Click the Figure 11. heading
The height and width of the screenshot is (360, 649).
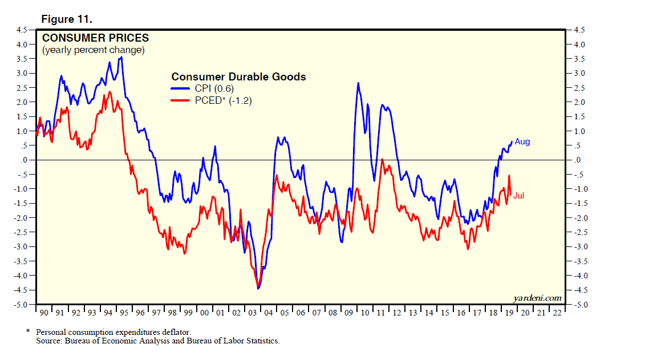click(x=67, y=19)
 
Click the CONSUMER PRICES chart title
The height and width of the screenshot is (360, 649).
click(x=95, y=38)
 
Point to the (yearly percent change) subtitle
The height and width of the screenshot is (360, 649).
click(x=94, y=50)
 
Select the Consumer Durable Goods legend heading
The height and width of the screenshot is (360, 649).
click(x=238, y=77)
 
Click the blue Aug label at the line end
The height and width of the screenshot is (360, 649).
click(x=522, y=141)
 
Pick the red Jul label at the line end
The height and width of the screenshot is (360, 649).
click(x=518, y=196)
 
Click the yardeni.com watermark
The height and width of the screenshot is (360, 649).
click(x=537, y=298)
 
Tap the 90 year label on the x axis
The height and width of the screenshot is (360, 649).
click(x=44, y=312)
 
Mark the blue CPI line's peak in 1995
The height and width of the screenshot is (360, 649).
click(x=121, y=57)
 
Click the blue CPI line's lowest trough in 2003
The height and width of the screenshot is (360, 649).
click(x=258, y=289)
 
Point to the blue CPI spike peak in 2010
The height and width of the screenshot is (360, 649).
click(x=358, y=83)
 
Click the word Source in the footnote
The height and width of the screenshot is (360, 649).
click(x=48, y=341)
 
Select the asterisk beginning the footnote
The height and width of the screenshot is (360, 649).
click(x=27, y=331)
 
